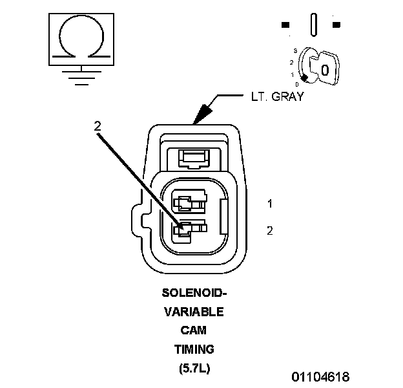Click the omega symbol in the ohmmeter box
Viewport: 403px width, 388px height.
pos(80,38)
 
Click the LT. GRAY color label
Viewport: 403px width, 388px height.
pos(277,98)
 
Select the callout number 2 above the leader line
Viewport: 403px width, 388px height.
pos(98,127)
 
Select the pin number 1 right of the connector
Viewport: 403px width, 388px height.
pos(270,204)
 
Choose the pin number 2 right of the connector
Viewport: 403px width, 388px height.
pos(270,230)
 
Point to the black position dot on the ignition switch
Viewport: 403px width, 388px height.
pos(304,78)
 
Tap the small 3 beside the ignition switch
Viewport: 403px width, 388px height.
pos(294,50)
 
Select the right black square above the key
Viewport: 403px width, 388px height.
pos(336,25)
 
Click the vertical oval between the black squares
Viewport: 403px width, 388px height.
pos(313,25)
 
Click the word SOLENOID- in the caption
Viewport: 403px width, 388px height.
pos(193,292)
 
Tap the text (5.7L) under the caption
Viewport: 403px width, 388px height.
pos(193,369)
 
